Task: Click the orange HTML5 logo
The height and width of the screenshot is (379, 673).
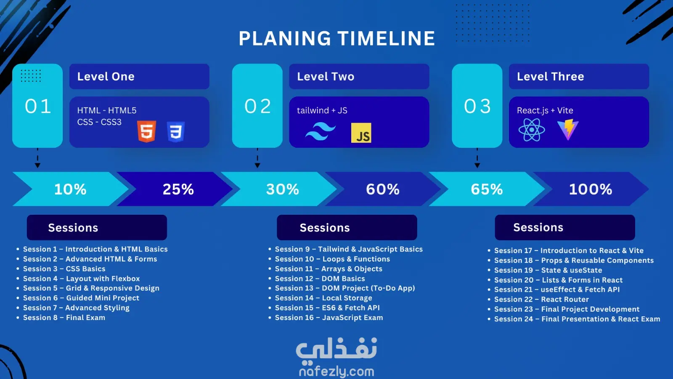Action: click(147, 131)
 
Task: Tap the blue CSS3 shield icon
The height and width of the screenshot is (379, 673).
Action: click(176, 131)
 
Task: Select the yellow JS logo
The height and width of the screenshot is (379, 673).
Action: click(361, 133)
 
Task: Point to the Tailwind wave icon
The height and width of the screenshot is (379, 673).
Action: click(321, 131)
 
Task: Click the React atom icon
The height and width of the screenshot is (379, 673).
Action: click(532, 130)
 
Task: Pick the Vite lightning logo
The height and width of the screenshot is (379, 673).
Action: click(567, 129)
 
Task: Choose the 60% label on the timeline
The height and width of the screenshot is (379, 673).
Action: click(383, 189)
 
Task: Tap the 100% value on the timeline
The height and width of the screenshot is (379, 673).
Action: click(591, 189)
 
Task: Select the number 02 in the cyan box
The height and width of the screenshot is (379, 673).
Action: click(257, 106)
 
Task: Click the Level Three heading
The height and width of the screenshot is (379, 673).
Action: click(551, 76)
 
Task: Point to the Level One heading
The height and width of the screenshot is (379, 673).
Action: click(106, 76)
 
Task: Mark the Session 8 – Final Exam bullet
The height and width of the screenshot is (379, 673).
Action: click(64, 318)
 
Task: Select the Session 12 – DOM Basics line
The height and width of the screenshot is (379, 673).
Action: click(320, 278)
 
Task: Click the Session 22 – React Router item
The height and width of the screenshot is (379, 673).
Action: click(541, 299)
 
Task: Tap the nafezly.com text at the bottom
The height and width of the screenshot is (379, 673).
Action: click(336, 372)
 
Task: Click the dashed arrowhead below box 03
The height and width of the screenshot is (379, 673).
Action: click(477, 165)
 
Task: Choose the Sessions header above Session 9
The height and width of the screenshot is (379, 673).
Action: click(325, 228)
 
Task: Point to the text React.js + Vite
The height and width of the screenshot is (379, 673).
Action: click(545, 110)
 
